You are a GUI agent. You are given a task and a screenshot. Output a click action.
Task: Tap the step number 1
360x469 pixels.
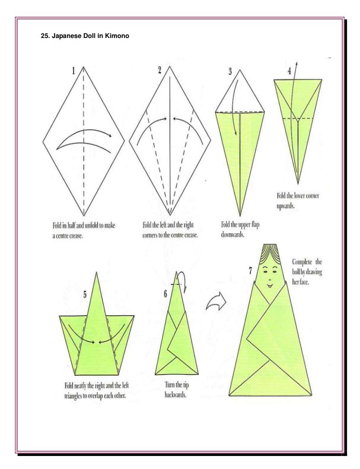(74, 71)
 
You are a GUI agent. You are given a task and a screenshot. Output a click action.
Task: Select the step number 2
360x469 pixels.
(160, 70)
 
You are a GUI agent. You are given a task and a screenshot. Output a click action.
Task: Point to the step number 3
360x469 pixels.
(230, 71)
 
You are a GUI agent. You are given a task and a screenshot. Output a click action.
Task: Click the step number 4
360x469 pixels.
(289, 71)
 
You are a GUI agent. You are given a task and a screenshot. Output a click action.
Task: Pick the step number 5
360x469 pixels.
(85, 294)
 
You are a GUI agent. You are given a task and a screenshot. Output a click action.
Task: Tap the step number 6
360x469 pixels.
(165, 294)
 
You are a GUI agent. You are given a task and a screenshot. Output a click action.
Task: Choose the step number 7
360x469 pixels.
(250, 270)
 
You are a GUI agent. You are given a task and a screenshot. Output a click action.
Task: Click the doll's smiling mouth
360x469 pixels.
(270, 285)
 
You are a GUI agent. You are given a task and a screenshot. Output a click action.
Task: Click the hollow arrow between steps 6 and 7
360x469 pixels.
(216, 301)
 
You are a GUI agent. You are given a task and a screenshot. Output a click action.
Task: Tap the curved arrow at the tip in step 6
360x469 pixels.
(183, 281)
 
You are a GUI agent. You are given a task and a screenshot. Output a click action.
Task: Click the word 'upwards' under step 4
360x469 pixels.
(285, 206)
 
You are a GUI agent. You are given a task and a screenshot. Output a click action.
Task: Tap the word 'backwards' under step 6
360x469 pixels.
(176, 395)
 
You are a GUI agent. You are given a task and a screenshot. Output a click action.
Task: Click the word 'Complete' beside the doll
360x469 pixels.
(302, 262)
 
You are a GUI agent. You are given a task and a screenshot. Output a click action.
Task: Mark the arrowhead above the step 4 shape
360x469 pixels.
(297, 64)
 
